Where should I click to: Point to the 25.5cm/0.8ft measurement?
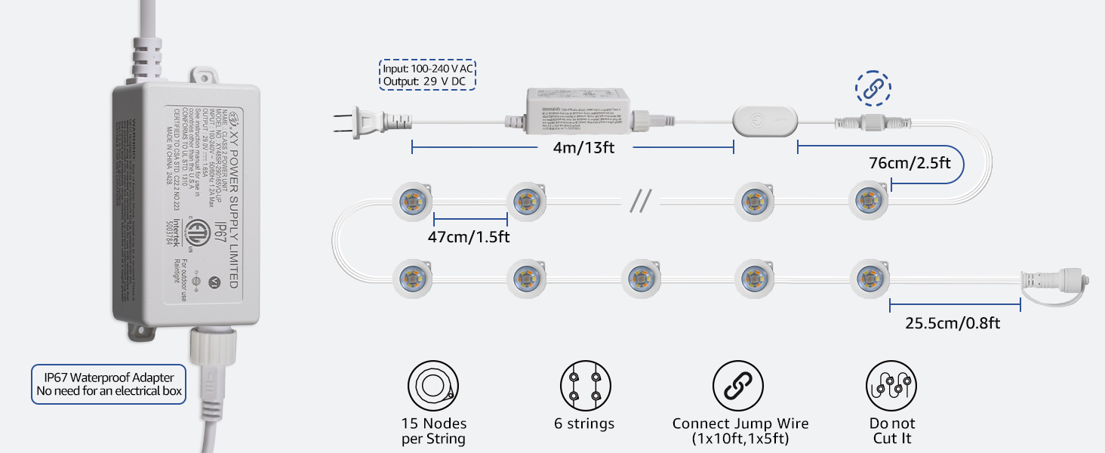[x=953, y=323]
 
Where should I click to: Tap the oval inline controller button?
[x=764, y=120]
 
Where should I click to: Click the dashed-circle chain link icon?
[x=873, y=88]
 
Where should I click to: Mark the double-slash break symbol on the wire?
[x=640, y=200]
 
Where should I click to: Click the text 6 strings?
[x=584, y=424]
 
